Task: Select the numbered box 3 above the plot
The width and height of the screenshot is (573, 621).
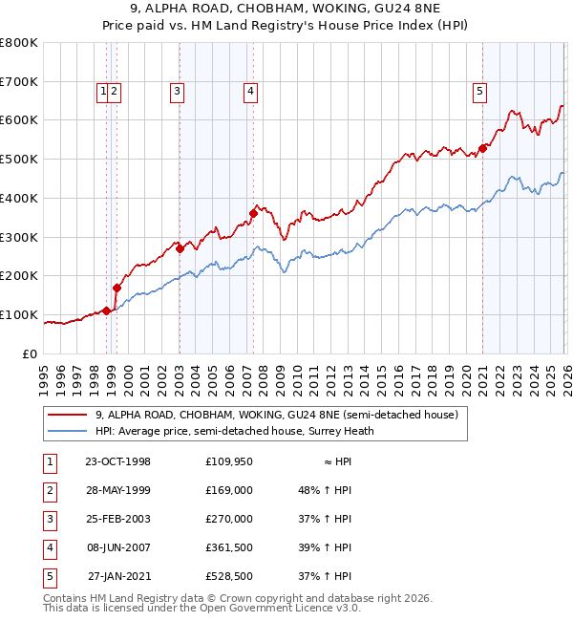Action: (178, 92)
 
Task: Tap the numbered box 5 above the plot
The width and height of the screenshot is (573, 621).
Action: (479, 92)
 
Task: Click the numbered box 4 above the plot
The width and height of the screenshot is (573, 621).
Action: (250, 92)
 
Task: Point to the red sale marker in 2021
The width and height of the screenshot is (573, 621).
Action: (483, 148)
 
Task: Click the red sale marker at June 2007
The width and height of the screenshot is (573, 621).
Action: (253, 213)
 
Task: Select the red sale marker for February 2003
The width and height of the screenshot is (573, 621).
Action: (180, 248)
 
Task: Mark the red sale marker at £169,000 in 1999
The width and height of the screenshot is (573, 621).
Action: (117, 288)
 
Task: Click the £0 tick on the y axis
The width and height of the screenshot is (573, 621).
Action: (31, 353)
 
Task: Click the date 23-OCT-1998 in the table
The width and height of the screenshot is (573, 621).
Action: (117, 461)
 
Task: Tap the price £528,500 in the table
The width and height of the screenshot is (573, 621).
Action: (229, 576)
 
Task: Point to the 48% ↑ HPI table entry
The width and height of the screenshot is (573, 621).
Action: (325, 490)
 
